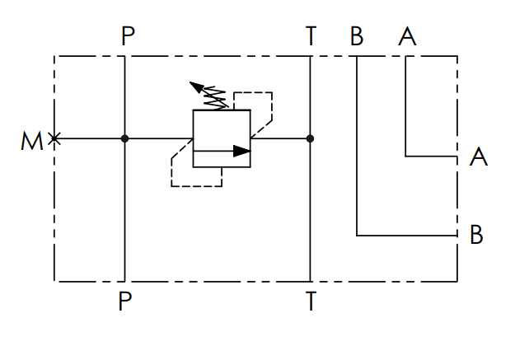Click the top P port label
(125, 36)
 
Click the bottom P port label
(125, 302)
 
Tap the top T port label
(311, 36)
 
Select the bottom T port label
(311, 302)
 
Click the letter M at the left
(31, 142)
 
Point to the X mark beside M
(54, 138)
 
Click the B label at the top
(357, 36)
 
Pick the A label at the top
(406, 36)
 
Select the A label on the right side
(478, 157)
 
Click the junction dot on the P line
(125, 138)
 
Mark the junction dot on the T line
(311, 138)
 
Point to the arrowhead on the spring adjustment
(195, 86)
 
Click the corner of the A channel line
(406, 155)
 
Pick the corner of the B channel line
(358, 235)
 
